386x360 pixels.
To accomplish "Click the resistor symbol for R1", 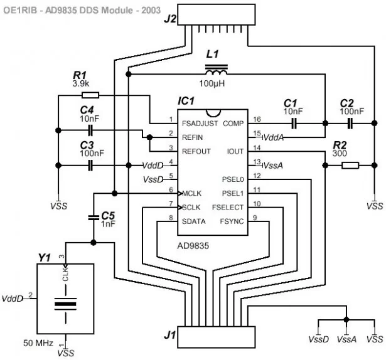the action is [90, 95].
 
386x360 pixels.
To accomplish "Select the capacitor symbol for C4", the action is [90, 130].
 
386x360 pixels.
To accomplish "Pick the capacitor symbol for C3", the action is [90, 166].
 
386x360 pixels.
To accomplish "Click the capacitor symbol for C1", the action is [294, 123].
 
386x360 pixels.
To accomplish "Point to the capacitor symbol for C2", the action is [350, 123].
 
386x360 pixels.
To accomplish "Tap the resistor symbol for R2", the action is [350, 166].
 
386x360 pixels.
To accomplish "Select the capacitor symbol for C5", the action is [94, 217].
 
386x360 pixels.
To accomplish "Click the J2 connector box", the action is [217, 14].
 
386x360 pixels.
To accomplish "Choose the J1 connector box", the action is [217, 337].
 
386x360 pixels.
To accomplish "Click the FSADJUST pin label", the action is [200, 124].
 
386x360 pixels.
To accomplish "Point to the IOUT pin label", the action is [235, 151].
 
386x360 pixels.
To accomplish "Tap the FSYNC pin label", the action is [232, 221].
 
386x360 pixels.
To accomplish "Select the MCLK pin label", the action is [192, 193].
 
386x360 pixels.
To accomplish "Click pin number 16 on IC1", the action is [257, 119].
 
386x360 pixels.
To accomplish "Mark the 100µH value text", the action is [212, 83].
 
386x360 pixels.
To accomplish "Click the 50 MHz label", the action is [38, 343].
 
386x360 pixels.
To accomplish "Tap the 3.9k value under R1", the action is [81, 83].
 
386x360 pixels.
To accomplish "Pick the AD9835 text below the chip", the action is [193, 246].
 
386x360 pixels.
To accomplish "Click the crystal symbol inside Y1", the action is [65, 304].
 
